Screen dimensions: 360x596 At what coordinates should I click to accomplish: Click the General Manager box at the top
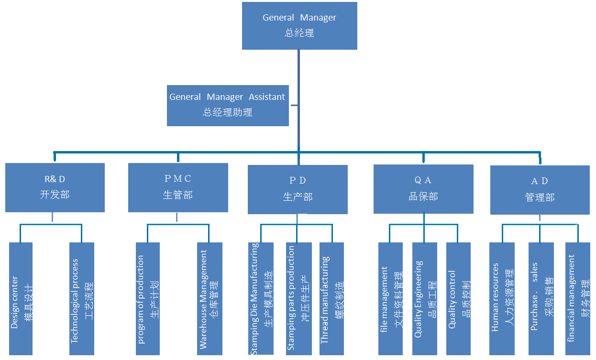299,26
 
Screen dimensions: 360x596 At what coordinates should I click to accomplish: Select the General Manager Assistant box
228,105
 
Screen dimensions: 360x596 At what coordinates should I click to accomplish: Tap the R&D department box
55,187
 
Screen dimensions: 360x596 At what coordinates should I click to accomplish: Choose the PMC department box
177,187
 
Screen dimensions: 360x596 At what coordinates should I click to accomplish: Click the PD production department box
298,189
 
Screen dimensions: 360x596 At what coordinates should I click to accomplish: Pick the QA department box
423,189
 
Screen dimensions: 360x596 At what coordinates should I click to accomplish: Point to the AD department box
540,190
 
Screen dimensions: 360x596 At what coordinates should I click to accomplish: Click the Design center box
21,299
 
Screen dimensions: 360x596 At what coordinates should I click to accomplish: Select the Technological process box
82,299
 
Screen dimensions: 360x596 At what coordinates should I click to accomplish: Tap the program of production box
148,299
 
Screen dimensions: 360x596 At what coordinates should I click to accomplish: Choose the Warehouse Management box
210,299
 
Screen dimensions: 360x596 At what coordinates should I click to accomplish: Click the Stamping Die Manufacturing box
262,299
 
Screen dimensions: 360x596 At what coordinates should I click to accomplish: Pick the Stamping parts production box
298,299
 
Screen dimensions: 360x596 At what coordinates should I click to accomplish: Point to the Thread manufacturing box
331,299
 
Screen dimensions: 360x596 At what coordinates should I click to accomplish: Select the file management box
391,299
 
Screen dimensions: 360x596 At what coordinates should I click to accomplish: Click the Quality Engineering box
425,299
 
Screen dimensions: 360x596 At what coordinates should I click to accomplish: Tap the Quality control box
458,299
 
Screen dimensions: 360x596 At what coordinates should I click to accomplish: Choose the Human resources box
502,299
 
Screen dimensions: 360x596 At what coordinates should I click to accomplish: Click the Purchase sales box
541,299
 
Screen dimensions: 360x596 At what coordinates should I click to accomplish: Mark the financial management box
578,299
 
